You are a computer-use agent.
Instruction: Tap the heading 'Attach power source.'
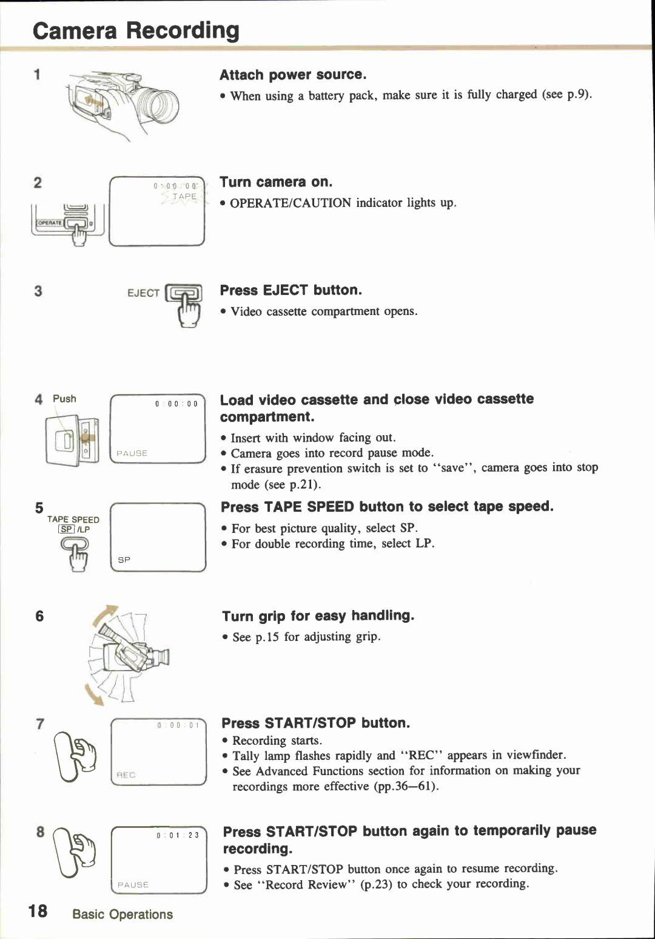293,75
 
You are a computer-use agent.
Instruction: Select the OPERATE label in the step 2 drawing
50,223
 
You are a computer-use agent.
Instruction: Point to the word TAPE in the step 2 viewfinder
184,197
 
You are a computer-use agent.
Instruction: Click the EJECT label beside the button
143,293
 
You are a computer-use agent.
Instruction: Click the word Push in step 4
64,399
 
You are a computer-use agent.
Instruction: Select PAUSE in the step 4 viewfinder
132,453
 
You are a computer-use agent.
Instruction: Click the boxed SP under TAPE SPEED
66,529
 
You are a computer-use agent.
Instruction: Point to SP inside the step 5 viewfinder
124,560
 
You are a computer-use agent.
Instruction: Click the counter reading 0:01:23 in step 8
177,835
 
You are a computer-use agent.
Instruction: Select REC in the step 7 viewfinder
126,775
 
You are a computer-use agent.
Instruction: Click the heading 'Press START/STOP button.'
315,723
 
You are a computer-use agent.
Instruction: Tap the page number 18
38,911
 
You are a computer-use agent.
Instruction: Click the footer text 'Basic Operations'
123,914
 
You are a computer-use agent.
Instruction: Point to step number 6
39,616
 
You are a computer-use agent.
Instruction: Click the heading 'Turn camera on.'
276,182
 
